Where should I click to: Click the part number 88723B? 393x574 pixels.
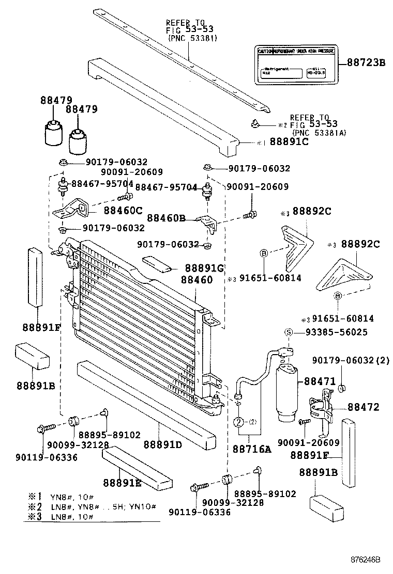tap(366, 63)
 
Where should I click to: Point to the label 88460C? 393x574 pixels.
tap(123, 211)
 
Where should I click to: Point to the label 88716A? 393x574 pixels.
tap(252, 449)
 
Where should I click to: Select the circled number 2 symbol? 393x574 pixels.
tap(239, 422)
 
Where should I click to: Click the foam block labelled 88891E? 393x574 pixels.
tap(137, 467)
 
